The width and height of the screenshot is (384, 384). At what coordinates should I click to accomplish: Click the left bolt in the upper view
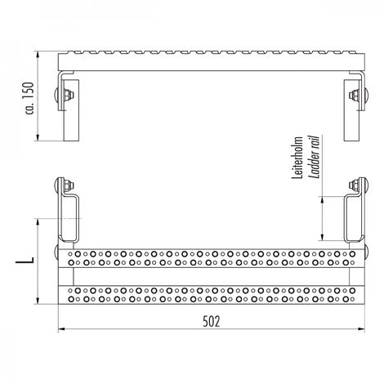click(x=61, y=95)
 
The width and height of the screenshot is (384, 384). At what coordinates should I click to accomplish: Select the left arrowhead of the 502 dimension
click(x=60, y=331)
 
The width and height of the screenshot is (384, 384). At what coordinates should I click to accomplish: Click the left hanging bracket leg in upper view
click(x=70, y=114)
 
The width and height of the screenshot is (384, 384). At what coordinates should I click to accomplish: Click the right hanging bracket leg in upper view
click(x=349, y=114)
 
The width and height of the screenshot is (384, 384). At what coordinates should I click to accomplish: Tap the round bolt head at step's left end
click(x=58, y=250)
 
